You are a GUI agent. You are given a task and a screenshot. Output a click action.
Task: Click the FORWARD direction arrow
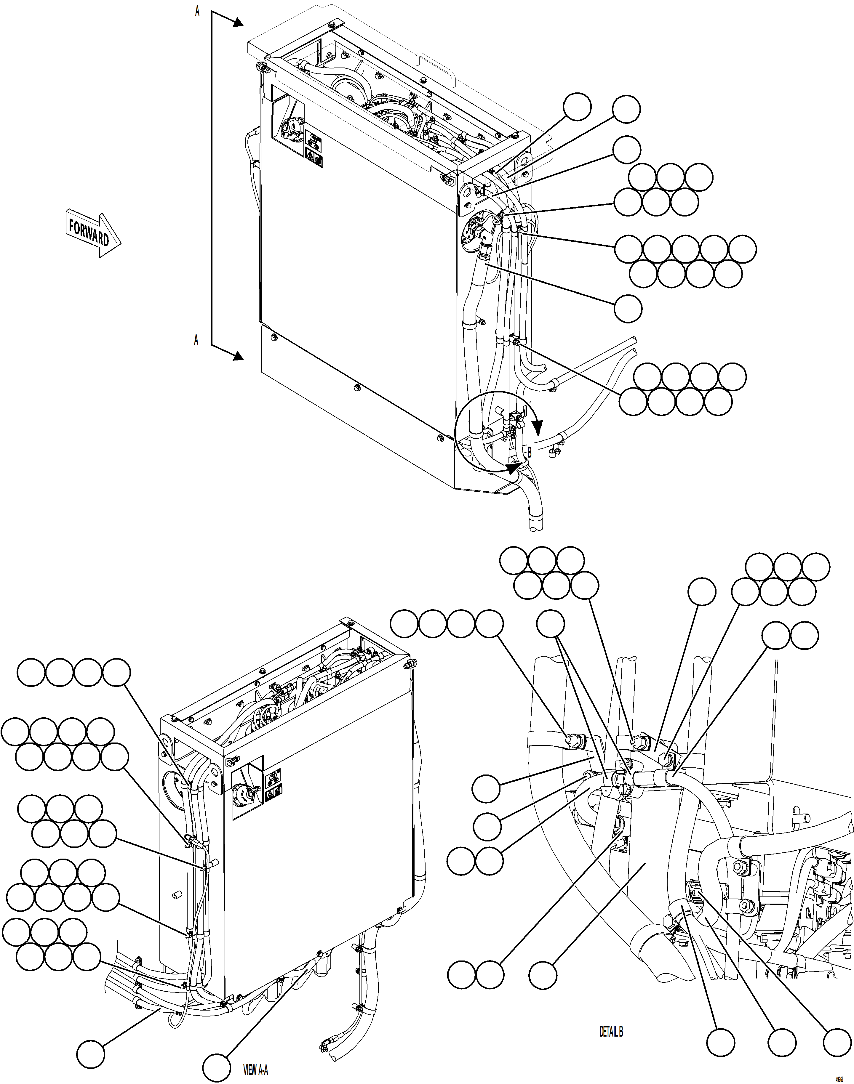click(x=93, y=233)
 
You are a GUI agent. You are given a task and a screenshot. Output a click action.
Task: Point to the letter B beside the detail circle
click(x=529, y=452)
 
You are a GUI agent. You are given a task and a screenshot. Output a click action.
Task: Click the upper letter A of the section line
click(x=198, y=11)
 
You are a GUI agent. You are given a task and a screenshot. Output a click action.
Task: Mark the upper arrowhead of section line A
click(x=237, y=23)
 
